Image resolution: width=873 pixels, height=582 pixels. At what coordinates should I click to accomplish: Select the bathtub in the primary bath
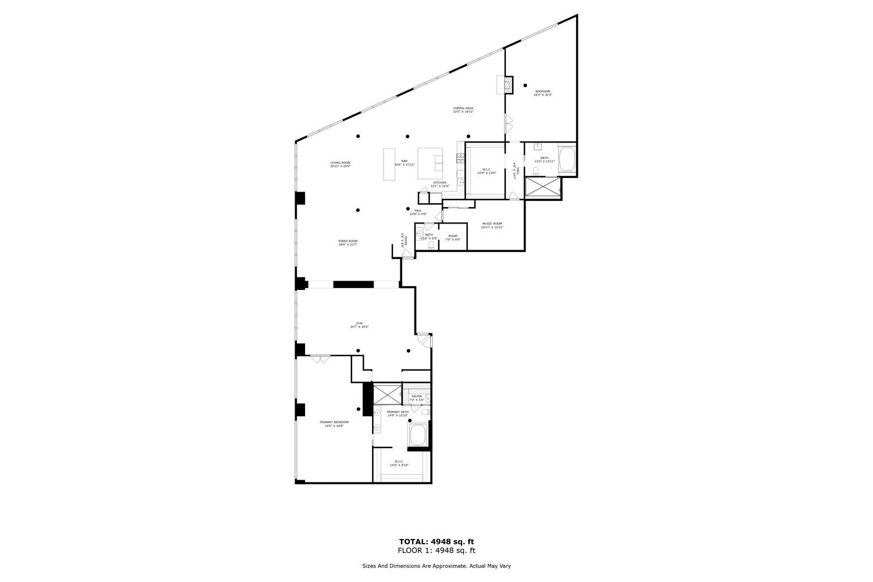tap(418, 434)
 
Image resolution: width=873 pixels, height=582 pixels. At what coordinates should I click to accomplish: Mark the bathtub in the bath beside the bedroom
tap(567, 159)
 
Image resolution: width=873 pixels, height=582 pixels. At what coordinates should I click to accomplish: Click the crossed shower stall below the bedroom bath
tap(543, 188)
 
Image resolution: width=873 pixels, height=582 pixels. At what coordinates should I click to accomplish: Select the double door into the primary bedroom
tap(319, 359)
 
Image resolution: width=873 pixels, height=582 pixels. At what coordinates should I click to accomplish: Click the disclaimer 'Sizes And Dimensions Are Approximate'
tap(436, 566)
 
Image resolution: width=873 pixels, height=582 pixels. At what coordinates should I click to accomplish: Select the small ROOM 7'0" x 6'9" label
tap(453, 237)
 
